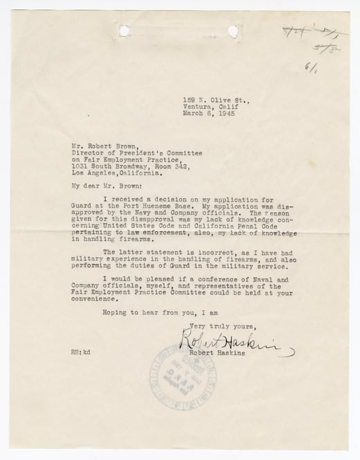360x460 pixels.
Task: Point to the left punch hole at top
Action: pos(125,30)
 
